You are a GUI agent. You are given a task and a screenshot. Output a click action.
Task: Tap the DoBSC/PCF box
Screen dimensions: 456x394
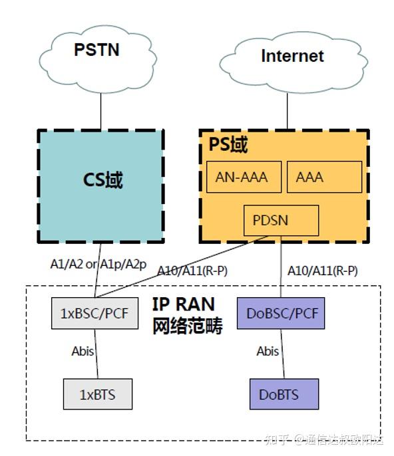(280, 312)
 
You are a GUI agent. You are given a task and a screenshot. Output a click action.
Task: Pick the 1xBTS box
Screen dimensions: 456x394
(97, 394)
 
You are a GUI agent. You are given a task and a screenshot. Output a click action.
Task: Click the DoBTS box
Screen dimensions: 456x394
(284, 394)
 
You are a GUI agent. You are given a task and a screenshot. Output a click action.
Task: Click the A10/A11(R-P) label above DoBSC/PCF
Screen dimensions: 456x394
(322, 271)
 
